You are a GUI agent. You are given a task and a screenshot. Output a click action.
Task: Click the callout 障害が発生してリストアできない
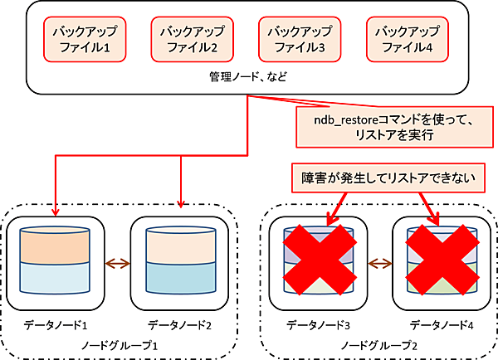[x=372, y=178]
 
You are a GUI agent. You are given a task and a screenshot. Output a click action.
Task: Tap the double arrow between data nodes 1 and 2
[x=117, y=264]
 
